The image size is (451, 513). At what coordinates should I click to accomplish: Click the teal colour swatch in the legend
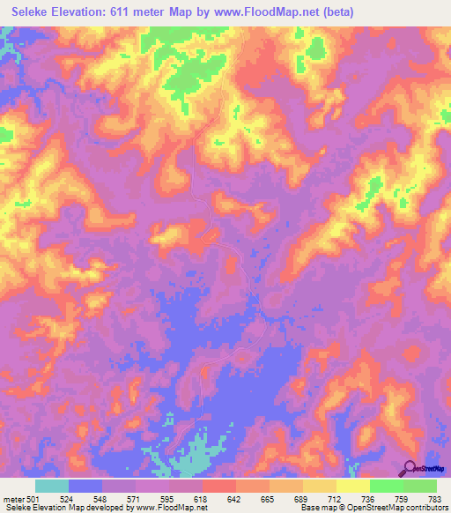point(51,486)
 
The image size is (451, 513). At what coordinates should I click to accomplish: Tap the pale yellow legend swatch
point(352,486)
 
